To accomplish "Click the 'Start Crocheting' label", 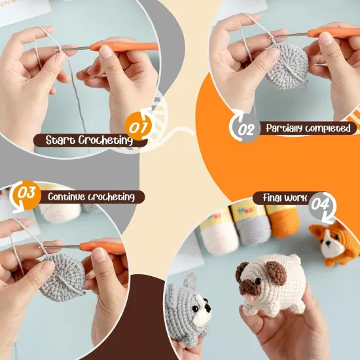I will tap(88, 140).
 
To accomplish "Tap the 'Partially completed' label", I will tap(308, 128).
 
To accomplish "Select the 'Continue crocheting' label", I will tap(91, 196).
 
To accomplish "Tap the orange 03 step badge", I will tap(26, 194).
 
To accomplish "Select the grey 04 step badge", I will tap(320, 204).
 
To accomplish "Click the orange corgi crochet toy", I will tap(335, 243).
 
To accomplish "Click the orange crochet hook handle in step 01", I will tap(124, 46).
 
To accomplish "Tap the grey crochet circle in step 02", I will tap(286, 63).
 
